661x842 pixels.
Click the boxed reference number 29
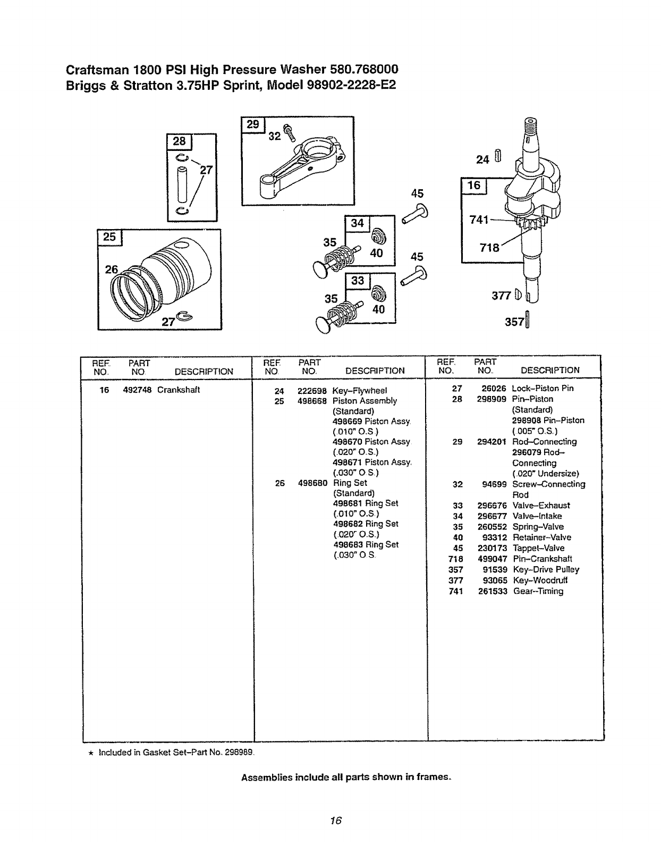pos(253,124)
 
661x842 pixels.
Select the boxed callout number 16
pos(473,185)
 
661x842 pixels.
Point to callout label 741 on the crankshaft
pos(479,220)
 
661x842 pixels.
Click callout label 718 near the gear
pos(489,247)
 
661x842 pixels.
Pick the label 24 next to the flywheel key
pos(482,158)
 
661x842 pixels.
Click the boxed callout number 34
pos(358,223)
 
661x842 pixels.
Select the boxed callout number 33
pos(358,280)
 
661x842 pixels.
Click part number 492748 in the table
pos(137,390)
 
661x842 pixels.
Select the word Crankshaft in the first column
pos(178,390)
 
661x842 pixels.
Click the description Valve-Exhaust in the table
pos(541,506)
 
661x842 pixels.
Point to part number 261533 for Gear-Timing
pos(492,591)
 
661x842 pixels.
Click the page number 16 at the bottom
pos(334,820)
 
